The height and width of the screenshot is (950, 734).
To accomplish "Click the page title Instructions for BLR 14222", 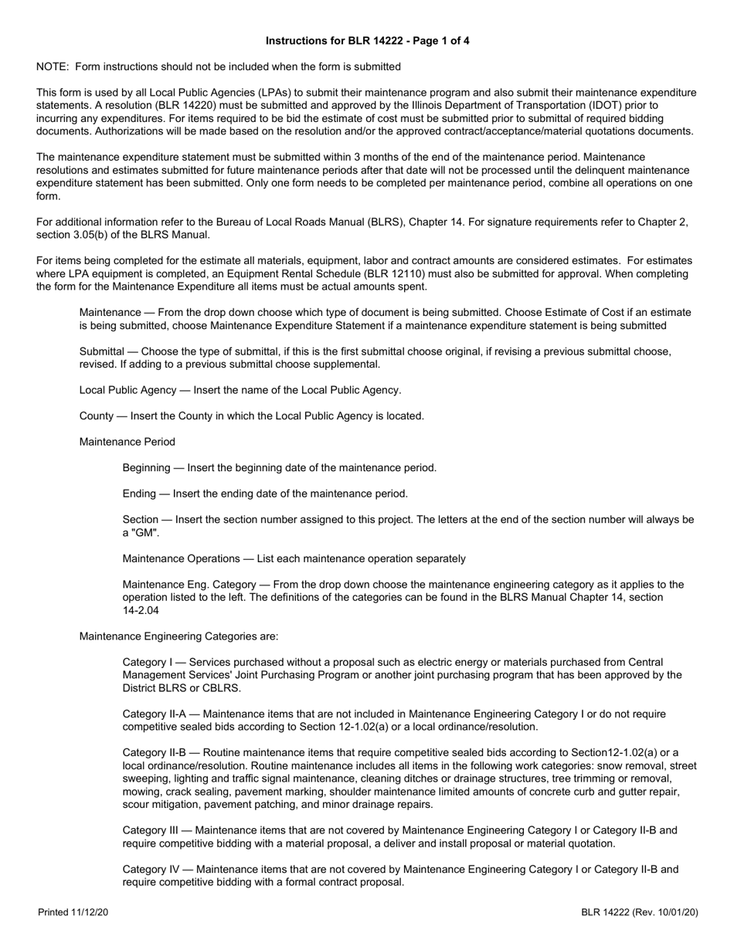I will pyautogui.click(x=367, y=41).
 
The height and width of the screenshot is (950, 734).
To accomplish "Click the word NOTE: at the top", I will pyautogui.click(x=53, y=67).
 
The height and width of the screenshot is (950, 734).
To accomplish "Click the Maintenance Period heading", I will pyautogui.click(x=127, y=442).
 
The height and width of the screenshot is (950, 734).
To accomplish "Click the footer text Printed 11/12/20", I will pyautogui.click(x=73, y=913).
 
